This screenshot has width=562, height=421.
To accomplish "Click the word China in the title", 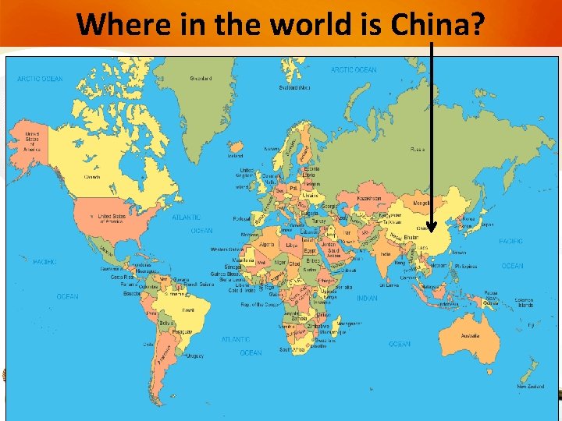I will point(437,24).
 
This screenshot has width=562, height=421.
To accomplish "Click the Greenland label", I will point(201,78).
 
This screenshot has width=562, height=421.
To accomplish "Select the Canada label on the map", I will point(92,177).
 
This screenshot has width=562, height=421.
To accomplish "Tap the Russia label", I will point(418,148).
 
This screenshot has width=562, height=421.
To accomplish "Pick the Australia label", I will point(470,336).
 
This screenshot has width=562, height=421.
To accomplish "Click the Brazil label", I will point(187,310).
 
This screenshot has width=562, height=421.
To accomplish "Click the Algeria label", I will point(268,243).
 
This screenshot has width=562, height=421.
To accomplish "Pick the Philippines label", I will point(467,267).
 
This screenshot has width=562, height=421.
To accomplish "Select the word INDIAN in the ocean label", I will point(367,298).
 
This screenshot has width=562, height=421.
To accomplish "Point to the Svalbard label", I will point(294,87).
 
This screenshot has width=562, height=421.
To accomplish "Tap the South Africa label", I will point(293,350).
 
